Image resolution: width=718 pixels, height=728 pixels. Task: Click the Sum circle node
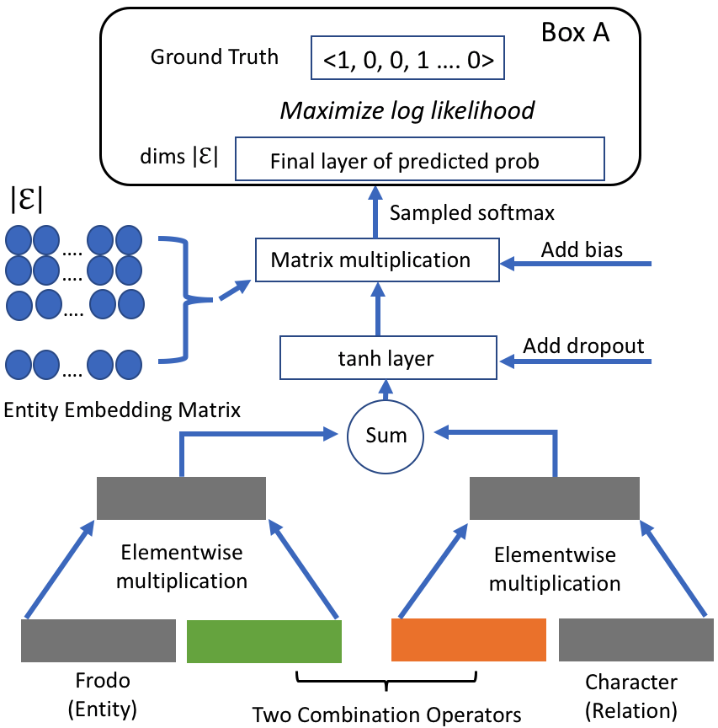click(387, 435)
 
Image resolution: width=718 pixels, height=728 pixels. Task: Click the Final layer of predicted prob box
click(420, 160)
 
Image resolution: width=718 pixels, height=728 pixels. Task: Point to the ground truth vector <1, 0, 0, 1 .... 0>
click(407, 58)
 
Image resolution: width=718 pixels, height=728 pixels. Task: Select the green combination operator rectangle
click(263, 640)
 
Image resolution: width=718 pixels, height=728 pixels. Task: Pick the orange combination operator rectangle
click(469, 640)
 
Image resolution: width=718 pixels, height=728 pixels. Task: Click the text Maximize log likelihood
click(407, 110)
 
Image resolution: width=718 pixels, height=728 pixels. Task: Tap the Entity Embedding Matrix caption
click(123, 410)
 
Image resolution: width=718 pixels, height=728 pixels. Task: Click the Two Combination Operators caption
click(387, 715)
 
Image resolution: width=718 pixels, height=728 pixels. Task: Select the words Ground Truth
click(214, 57)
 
